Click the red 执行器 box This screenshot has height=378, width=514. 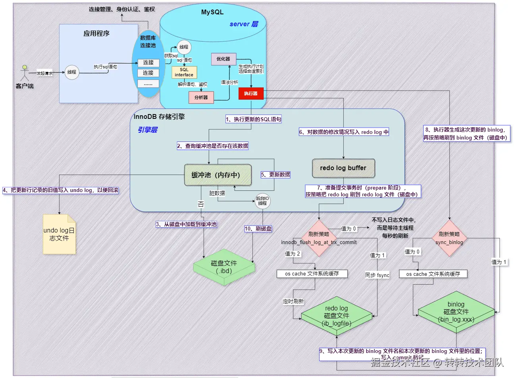pyautogui.click(x=251, y=93)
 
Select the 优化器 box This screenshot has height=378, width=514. pyautogui.click(x=223, y=59)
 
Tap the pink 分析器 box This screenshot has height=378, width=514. pyautogui.click(x=201, y=97)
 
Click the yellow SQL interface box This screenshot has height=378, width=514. pyautogui.click(x=184, y=72)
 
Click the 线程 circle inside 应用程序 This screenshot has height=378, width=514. pyautogui.click(x=72, y=72)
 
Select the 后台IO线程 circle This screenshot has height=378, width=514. pyautogui.click(x=262, y=201)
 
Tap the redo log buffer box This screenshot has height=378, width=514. pyautogui.click(x=343, y=168)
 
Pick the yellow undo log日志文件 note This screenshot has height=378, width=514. pyautogui.click(x=59, y=234)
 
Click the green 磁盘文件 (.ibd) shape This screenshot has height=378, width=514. pyautogui.click(x=224, y=267)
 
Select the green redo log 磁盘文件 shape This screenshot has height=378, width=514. pyautogui.click(x=337, y=316)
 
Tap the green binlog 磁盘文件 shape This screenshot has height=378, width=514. pyautogui.click(x=456, y=312)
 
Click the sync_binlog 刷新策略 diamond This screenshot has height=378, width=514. pyautogui.click(x=449, y=238)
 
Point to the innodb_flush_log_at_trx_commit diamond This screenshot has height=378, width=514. pyautogui.click(x=319, y=238)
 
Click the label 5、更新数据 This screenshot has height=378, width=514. pyautogui.click(x=275, y=174)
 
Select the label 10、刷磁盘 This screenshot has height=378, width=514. pyautogui.click(x=258, y=229)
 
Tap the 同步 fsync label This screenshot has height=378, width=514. pyautogui.click(x=377, y=275)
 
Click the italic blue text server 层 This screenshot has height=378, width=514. pyautogui.click(x=244, y=24)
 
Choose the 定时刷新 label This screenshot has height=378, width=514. pyautogui.click(x=293, y=301)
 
